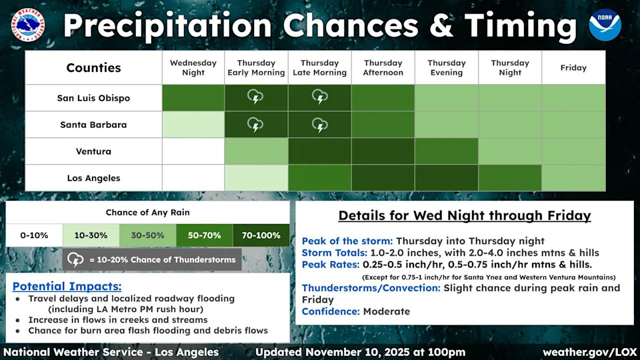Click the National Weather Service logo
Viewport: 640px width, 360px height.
click(x=28, y=25)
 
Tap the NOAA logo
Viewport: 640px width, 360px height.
click(x=605, y=25)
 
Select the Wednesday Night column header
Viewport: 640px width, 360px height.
click(x=193, y=68)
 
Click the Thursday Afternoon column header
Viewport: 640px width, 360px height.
click(x=383, y=68)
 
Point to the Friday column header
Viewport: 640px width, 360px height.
click(x=573, y=68)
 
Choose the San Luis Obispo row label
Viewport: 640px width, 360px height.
click(x=93, y=98)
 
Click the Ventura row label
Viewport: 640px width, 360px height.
click(x=93, y=151)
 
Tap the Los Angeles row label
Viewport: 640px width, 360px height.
click(x=93, y=178)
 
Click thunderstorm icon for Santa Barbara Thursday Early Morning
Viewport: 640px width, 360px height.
click(x=255, y=125)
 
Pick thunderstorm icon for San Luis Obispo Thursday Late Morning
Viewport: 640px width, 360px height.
click(x=319, y=97)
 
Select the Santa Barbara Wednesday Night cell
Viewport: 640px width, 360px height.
click(x=193, y=125)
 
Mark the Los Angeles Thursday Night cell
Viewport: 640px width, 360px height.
click(x=510, y=178)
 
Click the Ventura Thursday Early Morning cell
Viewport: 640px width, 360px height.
click(x=256, y=151)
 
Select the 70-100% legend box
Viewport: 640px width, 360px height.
click(x=261, y=235)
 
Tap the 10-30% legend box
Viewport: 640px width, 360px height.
click(x=91, y=235)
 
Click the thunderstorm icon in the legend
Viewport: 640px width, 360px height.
click(x=75, y=259)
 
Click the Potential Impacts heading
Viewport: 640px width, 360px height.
click(x=67, y=286)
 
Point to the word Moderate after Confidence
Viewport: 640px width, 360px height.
click(x=387, y=311)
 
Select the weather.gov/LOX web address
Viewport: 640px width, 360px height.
click(x=590, y=352)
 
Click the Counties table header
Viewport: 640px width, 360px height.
click(x=93, y=68)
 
